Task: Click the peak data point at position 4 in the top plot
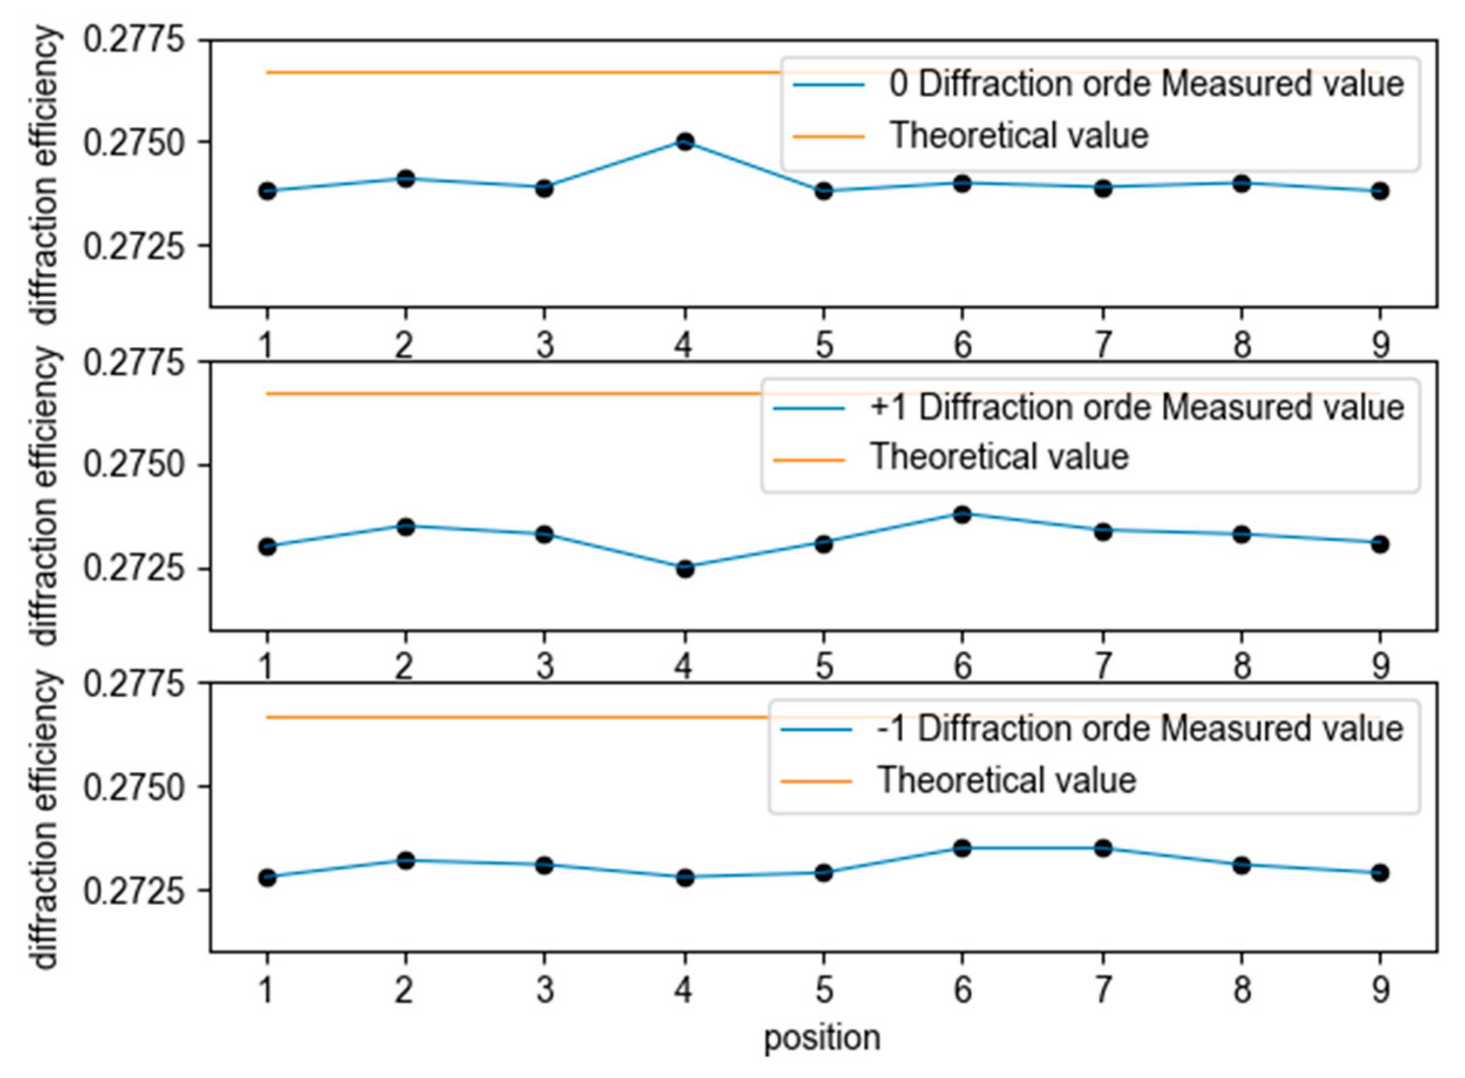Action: coord(685,142)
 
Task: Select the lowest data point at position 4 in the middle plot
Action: coord(685,569)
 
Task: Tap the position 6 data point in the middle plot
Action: coord(963,514)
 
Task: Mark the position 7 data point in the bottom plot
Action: coord(1103,848)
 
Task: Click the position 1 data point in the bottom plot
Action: coord(267,878)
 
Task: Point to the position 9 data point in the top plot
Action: coord(1379,191)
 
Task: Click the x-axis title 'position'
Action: coord(822,1038)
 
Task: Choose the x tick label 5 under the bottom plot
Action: coord(824,990)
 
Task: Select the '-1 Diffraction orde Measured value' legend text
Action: coord(1140,729)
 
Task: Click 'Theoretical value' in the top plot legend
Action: coord(1019,136)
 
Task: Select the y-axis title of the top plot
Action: coord(46,174)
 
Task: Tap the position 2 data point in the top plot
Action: coord(406,178)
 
